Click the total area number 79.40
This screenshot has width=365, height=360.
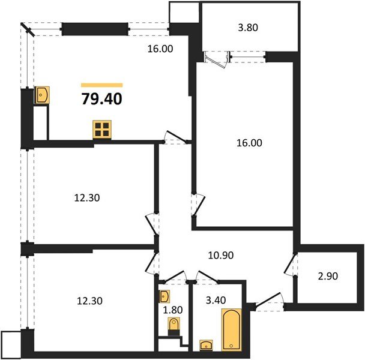(x=101, y=98)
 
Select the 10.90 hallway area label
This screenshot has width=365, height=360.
(x=221, y=255)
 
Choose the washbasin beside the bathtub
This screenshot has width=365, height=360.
(x=207, y=344)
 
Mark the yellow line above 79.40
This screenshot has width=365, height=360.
(x=101, y=85)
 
